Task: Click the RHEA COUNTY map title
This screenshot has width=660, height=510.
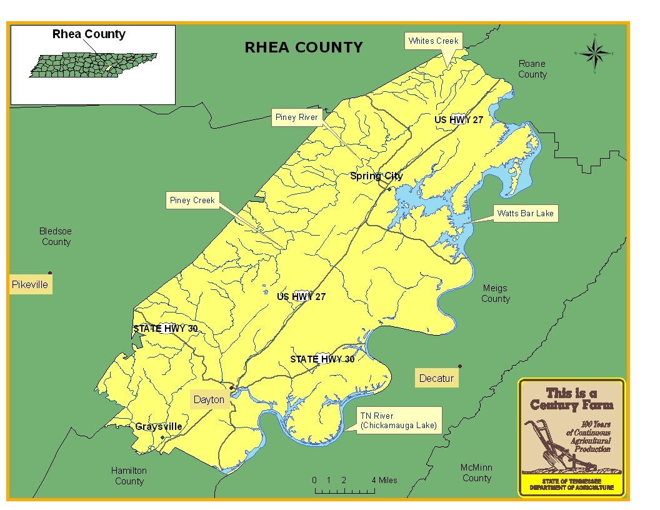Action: coord(303,47)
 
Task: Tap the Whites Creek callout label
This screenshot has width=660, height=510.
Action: coord(433,41)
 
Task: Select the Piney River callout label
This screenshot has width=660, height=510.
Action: coord(296,117)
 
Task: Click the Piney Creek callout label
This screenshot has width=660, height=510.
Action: coord(192,201)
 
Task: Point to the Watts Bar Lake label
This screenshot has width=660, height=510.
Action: coord(525,214)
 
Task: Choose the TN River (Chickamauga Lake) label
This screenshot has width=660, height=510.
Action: coord(398,421)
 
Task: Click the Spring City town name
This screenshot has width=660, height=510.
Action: coord(376,176)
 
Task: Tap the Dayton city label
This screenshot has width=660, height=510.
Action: coord(209,400)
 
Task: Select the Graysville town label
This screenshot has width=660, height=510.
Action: coord(159,427)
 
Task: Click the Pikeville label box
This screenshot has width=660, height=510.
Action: coord(29,285)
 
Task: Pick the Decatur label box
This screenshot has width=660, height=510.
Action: coord(436,378)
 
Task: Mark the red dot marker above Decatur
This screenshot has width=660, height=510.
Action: coord(460,366)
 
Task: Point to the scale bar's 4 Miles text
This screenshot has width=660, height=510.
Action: coord(384,480)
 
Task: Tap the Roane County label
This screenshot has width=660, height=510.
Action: coord(532,69)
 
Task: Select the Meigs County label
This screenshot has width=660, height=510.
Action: coord(495,294)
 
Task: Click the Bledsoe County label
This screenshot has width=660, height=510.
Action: coord(56,237)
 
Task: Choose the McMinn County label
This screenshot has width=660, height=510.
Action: coord(476,473)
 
